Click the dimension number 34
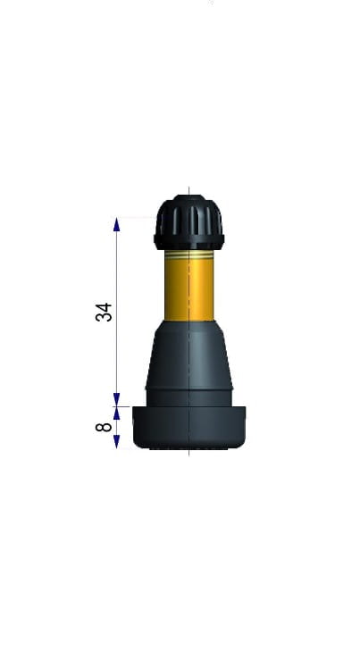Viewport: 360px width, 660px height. tap(104, 312)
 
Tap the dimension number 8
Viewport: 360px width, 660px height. tap(104, 427)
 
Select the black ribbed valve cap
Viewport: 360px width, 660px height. tap(189, 222)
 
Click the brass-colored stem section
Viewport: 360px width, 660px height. tap(189, 286)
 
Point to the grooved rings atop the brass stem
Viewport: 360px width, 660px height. tap(189, 255)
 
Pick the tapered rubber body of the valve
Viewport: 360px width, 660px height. tap(189, 355)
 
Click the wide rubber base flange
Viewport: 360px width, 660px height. tap(189, 428)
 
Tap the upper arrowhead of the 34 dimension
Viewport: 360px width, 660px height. tap(117, 224)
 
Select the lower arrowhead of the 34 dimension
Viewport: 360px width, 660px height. tap(117, 399)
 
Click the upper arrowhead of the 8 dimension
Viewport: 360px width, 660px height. tap(117, 414)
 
